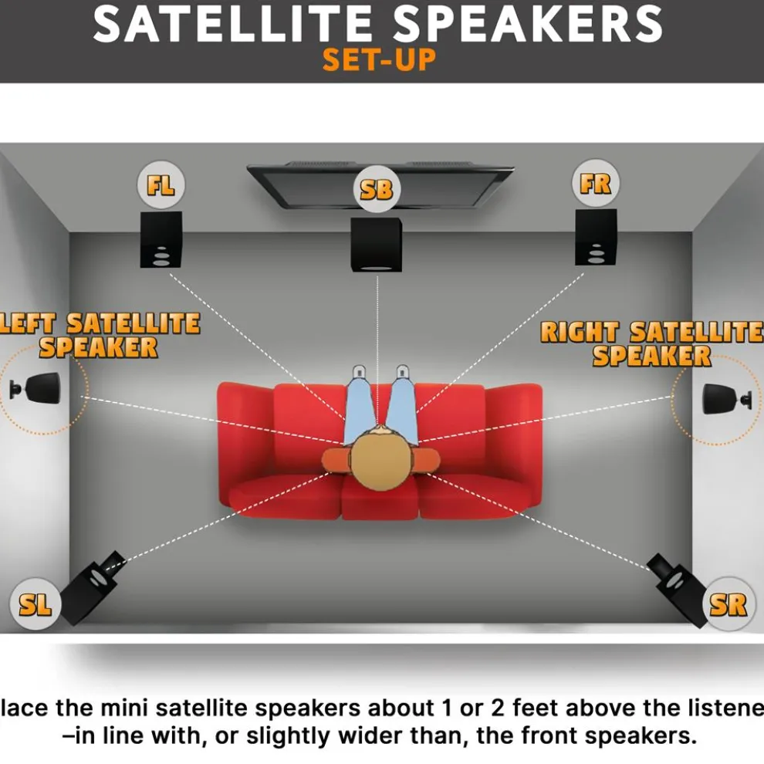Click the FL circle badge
tap(161, 186)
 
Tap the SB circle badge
tap(377, 188)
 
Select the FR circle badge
tap(595, 184)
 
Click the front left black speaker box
tap(161, 239)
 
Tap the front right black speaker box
tap(596, 237)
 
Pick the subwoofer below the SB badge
tap(377, 243)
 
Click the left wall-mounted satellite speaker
tap(39, 387)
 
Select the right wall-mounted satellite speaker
tap(724, 397)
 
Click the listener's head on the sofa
tap(380, 458)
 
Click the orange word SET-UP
tap(378, 59)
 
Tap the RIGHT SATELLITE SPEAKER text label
tap(651, 344)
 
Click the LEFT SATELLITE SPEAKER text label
tap(99, 335)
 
